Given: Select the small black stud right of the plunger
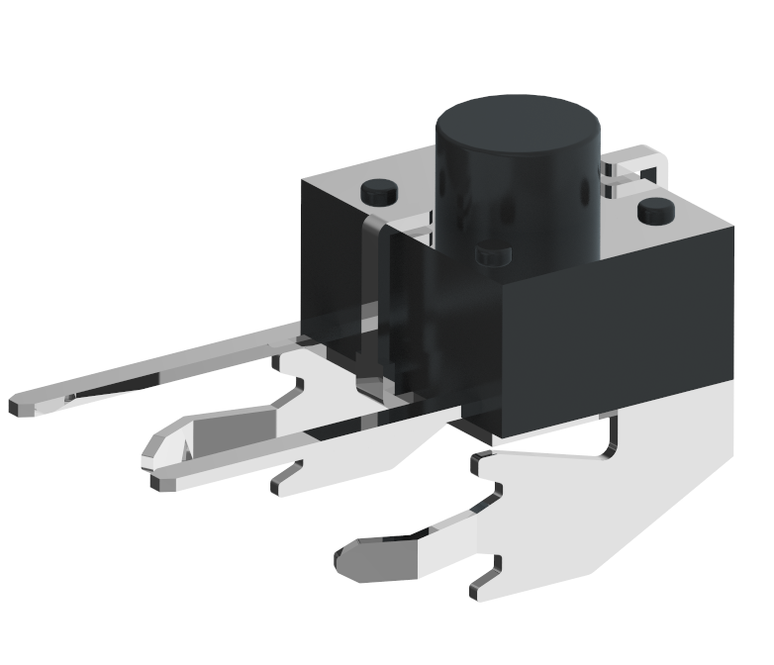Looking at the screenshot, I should pos(655,210).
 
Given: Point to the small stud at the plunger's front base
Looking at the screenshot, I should pos(492,257).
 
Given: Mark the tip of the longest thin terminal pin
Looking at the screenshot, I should pos(22,406).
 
